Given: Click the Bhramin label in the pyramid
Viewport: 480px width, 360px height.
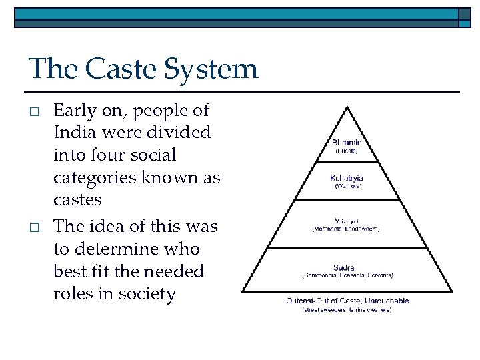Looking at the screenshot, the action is click(347, 142).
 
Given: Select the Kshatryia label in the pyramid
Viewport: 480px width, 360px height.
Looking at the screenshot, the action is click(347, 178).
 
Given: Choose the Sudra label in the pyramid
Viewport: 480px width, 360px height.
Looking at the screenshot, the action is click(347, 267).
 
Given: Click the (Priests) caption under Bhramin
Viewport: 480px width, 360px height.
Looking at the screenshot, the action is click(347, 151).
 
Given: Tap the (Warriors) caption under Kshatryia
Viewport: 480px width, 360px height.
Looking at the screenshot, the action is click(347, 187).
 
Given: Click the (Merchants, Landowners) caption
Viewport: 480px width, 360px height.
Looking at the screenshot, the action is click(347, 229).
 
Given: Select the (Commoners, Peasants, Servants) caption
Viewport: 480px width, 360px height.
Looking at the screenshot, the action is click(347, 275).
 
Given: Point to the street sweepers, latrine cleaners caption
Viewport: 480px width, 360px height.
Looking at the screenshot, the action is click(347, 310).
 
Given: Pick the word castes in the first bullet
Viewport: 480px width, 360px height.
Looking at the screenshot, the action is click(77, 201).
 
